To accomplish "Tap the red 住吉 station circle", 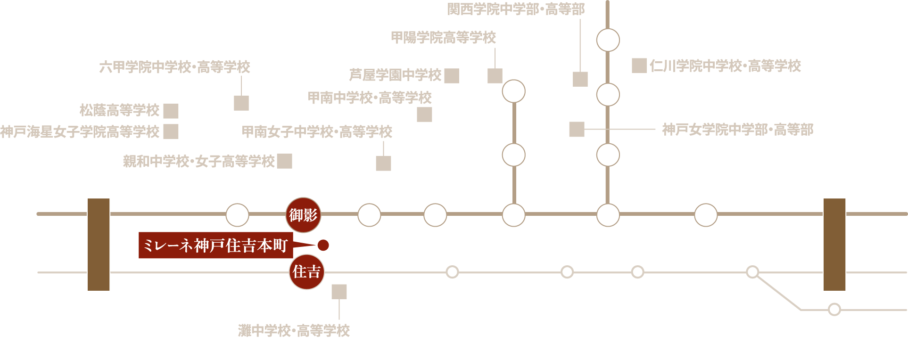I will pos(306,271).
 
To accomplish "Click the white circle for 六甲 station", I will pos(237,215).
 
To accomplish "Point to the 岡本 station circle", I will pos(369,215).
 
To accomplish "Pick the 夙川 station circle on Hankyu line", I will pos(513,215).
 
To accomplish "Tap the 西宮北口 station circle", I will pos(608,215).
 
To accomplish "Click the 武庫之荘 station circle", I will pos(706,215).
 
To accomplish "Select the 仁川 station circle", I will pos(608,40).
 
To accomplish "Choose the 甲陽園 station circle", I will pos(513,91).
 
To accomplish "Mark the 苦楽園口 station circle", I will pos(513,155).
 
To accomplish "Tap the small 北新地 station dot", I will pos(834,309).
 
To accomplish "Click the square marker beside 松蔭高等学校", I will pos(171,111).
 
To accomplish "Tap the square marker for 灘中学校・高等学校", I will pos(339,292).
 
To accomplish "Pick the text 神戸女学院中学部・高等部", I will pos(737,130).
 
